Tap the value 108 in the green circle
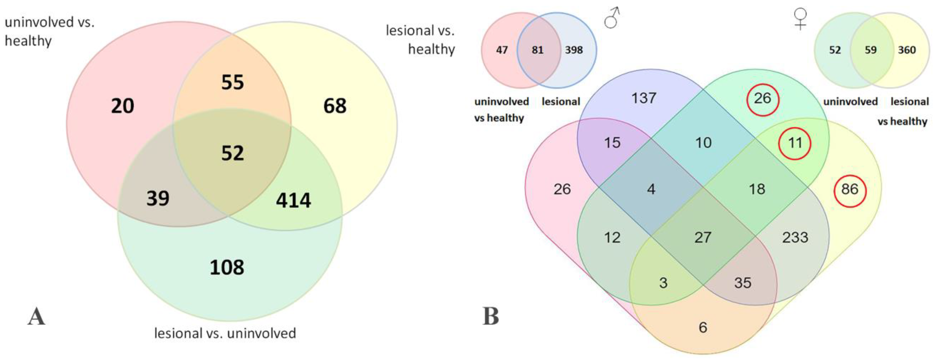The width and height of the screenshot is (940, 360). click(x=227, y=267)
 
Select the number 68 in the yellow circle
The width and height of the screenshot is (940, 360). click(x=335, y=106)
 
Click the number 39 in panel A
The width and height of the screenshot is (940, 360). click(x=158, y=199)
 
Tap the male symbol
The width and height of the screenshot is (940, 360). click(x=612, y=18)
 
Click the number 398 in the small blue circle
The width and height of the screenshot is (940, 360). click(x=574, y=50)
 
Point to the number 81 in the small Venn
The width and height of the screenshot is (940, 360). click(x=537, y=50)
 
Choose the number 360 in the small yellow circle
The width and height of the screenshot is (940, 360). click(x=907, y=50)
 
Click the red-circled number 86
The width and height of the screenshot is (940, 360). click(x=850, y=189)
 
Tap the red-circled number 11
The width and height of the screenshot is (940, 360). click(x=795, y=143)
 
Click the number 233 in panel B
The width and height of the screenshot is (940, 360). click(x=795, y=237)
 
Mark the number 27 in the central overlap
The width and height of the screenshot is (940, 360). click(x=703, y=237)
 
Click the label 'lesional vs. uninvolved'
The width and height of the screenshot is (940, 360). click(x=225, y=333)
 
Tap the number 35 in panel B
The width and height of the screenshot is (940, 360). click(x=742, y=283)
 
